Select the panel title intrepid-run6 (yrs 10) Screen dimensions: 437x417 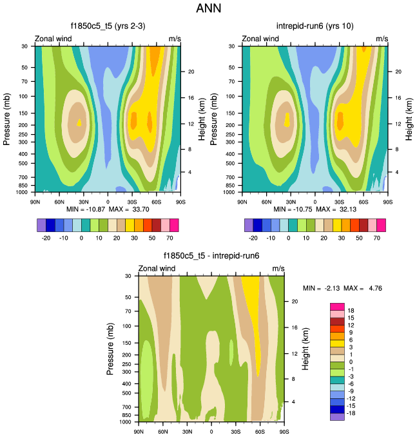point(315,26)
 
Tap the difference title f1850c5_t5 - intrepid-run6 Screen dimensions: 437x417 point(211,256)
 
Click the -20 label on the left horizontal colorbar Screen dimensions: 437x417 point(46,238)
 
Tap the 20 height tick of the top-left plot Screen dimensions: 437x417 point(191,72)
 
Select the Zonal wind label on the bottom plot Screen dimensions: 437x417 point(157,268)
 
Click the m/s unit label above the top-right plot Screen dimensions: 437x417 point(382,39)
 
